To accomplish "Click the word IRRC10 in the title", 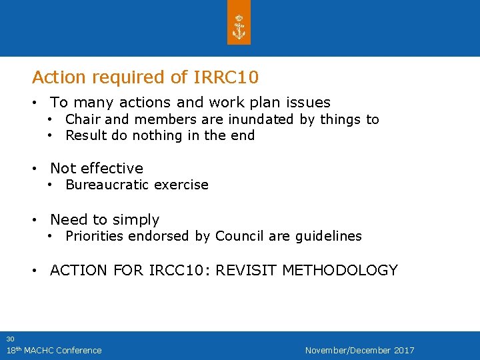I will pos(225,77).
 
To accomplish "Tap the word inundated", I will pos(261,120).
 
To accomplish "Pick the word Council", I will pos(238,236).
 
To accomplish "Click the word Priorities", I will pos(94,236).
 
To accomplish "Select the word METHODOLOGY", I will pos(340,271).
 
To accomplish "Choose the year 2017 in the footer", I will pos(404,351).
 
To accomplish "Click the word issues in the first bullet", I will pos(308,103).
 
